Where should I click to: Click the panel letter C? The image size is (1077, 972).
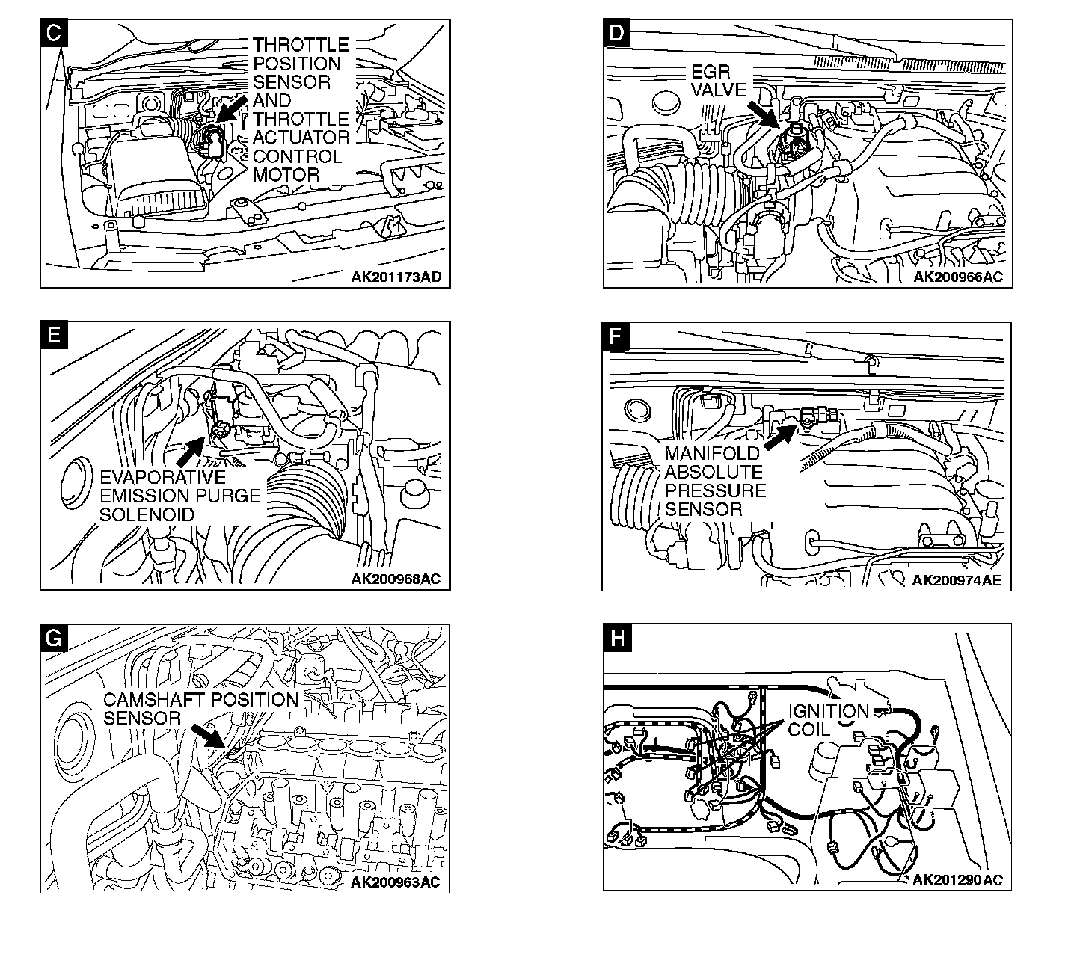click(54, 33)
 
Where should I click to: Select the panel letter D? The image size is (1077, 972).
click(616, 33)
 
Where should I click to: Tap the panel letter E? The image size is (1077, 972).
click(54, 335)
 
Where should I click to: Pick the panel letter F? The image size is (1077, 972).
click(616, 336)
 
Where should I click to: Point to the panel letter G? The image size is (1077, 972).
click(54, 637)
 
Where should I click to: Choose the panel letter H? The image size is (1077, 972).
click(616, 637)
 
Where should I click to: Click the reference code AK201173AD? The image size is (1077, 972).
click(396, 277)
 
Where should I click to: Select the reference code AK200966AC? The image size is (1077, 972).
click(958, 277)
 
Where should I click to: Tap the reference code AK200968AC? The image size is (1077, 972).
click(396, 579)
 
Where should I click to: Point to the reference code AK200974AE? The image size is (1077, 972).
click(957, 580)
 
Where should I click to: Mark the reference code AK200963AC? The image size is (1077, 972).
click(396, 882)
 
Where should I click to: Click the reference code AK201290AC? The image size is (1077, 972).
click(957, 880)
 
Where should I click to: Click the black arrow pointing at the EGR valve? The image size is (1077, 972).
click(765, 114)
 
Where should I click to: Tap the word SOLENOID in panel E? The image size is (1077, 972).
click(147, 514)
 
